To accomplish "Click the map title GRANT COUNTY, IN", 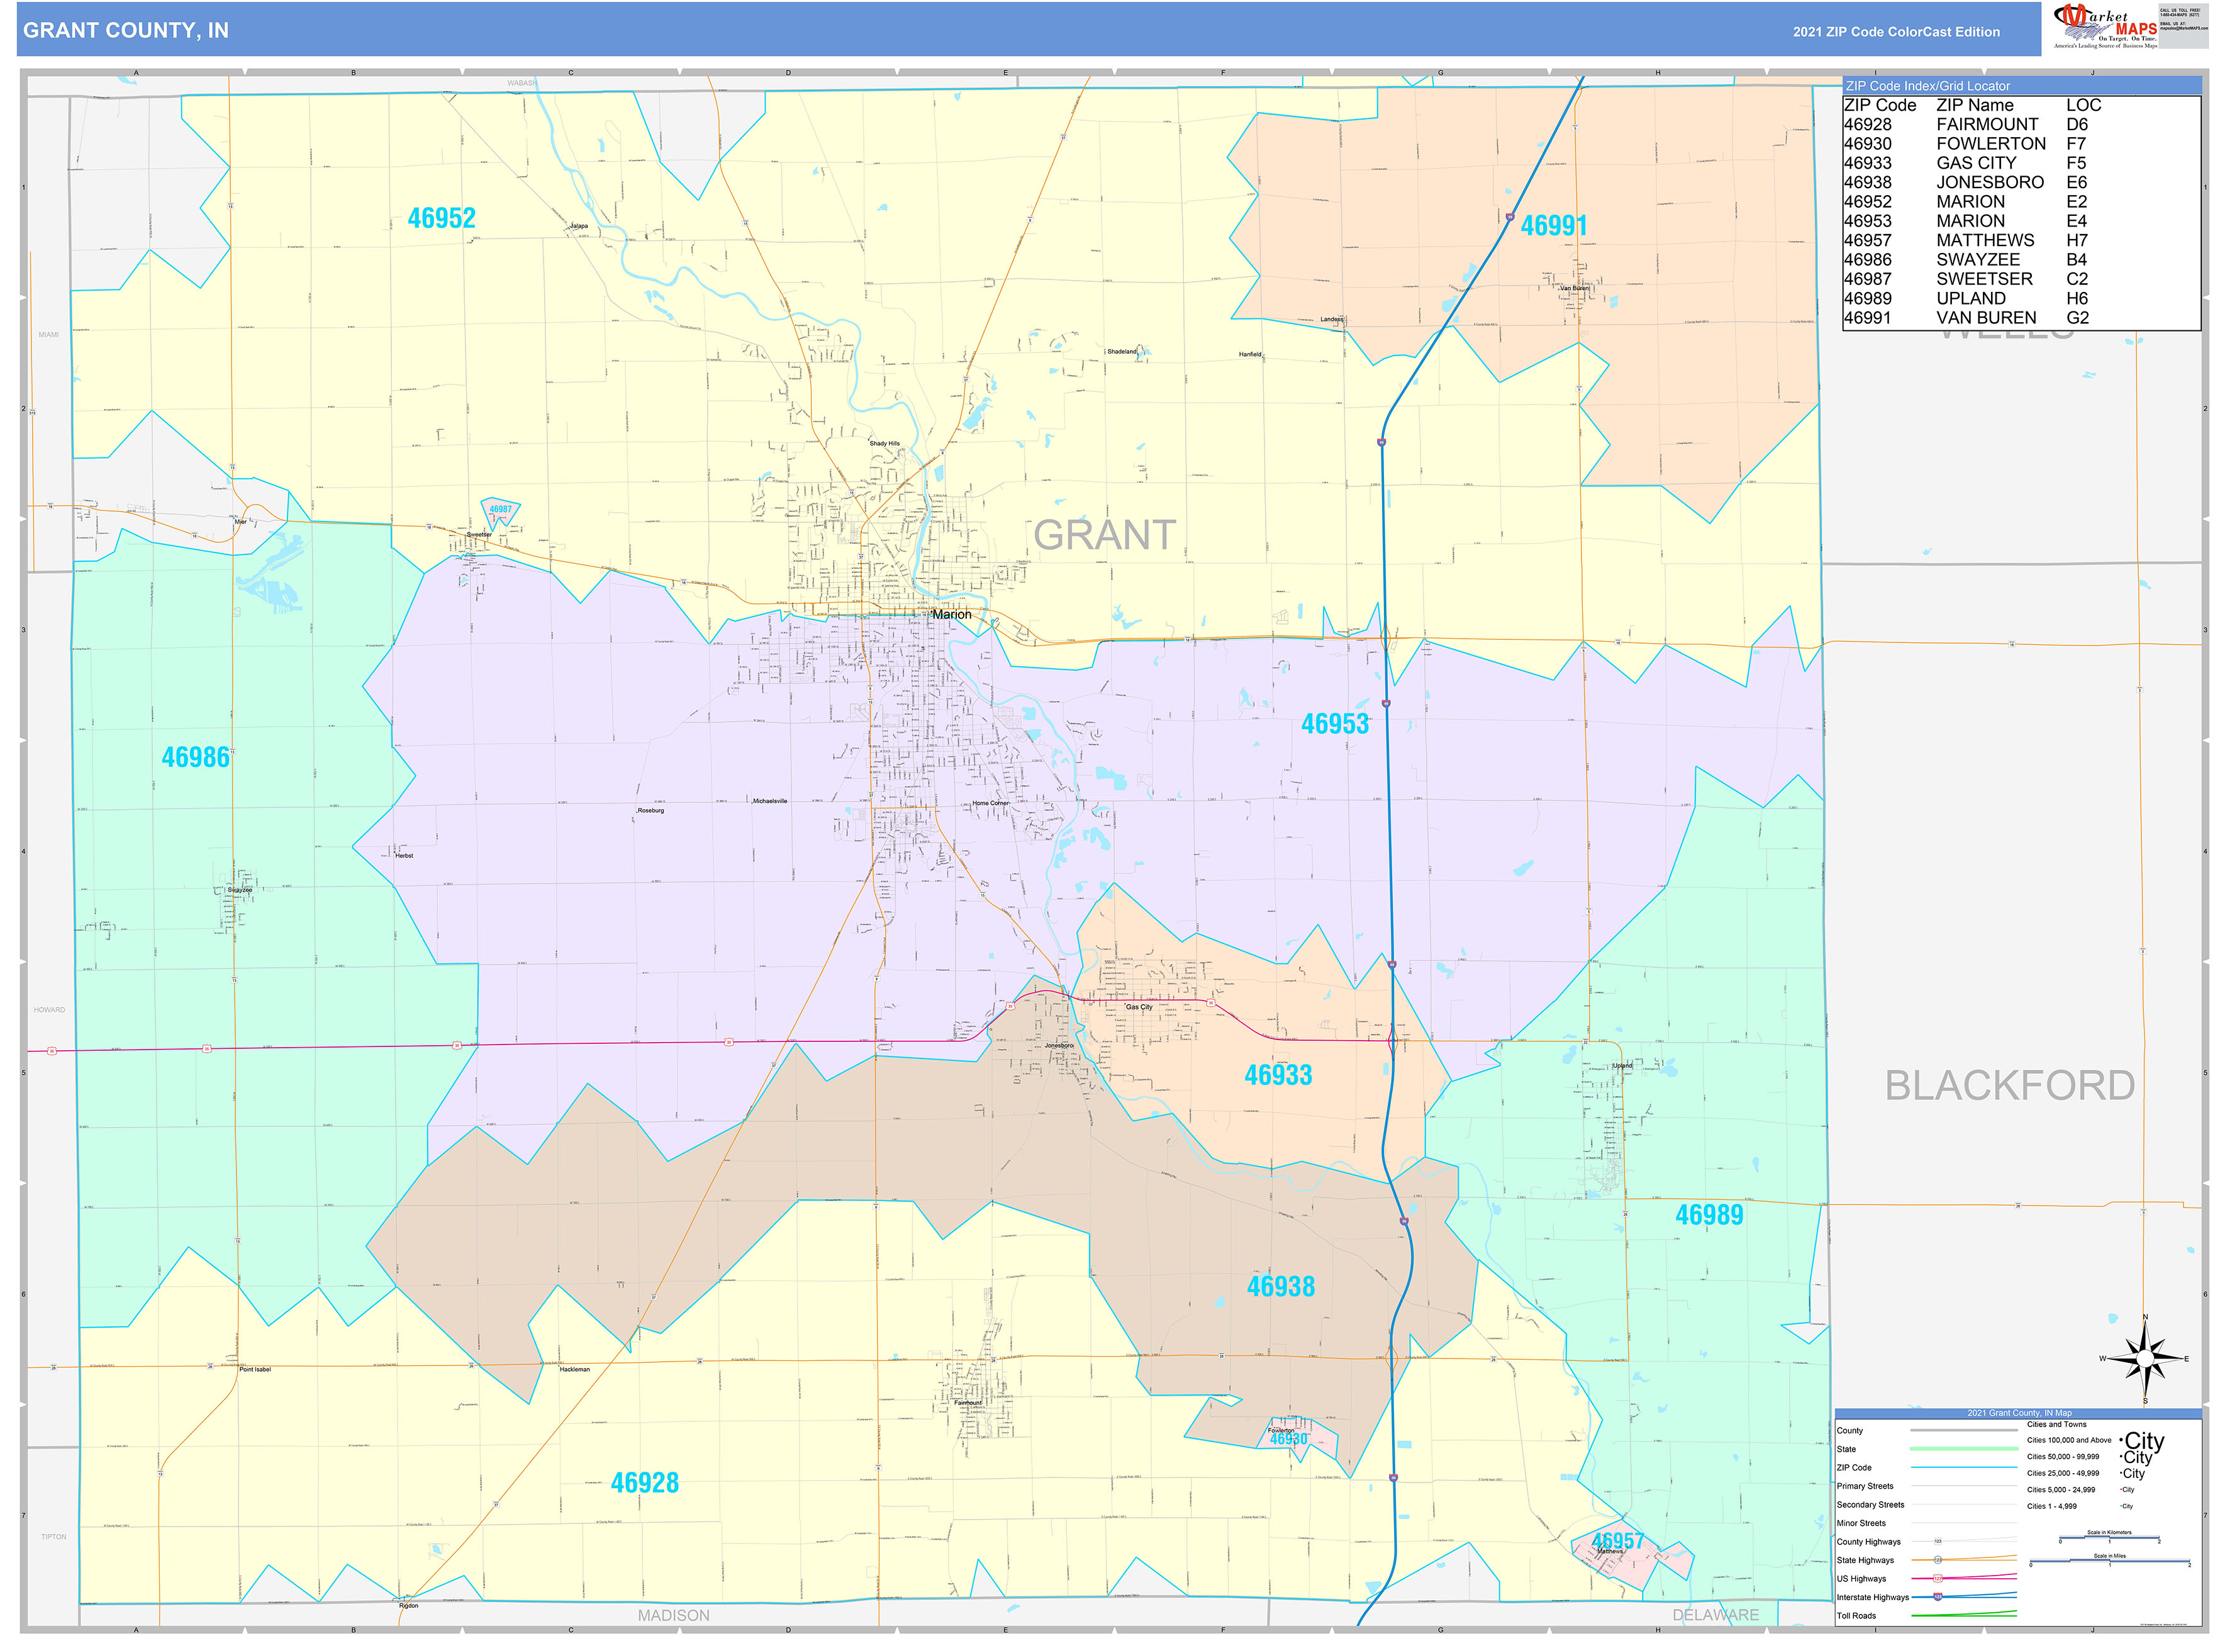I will pos(126,31).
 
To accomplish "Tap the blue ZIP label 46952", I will pos(442,218).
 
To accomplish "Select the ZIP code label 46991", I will pos(1554,226).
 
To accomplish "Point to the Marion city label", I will pos(952,614).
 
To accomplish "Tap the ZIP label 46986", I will pos(196,758).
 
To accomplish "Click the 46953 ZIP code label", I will pos(1335,724).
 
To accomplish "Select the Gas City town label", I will pos(1139,1007).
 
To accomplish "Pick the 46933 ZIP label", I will pos(1278,1075).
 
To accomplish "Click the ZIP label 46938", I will pos(1280,1286).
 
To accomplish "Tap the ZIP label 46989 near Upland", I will pos(1709,1215).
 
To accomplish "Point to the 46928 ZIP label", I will pos(645,1482).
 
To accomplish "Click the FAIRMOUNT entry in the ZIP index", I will pos(1987,125).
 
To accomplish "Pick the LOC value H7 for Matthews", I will pos(2077,240).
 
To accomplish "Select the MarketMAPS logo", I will pos(2104,26).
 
